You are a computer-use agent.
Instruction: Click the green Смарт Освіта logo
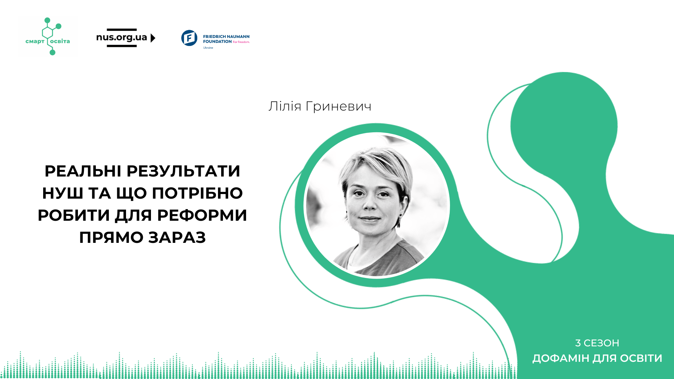[48, 36]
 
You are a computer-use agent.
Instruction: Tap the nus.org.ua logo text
[121, 38]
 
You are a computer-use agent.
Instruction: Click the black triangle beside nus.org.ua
[153, 38]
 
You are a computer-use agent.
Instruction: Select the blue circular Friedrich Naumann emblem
[189, 38]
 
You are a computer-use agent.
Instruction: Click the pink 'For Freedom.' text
[241, 42]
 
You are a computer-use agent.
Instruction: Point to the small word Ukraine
[208, 48]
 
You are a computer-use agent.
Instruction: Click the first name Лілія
[285, 106]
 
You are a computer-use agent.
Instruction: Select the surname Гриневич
[338, 106]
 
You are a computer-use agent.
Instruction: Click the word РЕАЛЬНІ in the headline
[83, 171]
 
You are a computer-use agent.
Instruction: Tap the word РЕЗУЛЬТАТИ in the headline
[183, 171]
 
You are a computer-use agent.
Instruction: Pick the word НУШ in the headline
[62, 193]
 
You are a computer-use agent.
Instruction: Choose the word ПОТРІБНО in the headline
[197, 193]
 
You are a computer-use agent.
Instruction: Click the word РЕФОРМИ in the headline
[202, 215]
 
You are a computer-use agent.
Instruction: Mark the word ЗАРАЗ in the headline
[177, 238]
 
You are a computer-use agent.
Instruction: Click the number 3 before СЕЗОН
[578, 343]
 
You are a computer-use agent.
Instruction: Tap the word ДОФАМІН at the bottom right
[561, 358]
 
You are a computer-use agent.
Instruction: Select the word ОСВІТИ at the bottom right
[641, 358]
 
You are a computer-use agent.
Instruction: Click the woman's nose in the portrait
[370, 204]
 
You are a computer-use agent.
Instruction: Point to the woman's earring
[400, 215]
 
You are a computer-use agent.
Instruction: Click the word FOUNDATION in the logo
[217, 41]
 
